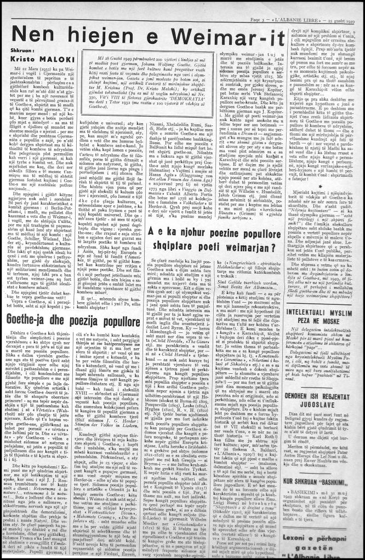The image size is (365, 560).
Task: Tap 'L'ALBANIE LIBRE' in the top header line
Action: [x=295, y=5]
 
